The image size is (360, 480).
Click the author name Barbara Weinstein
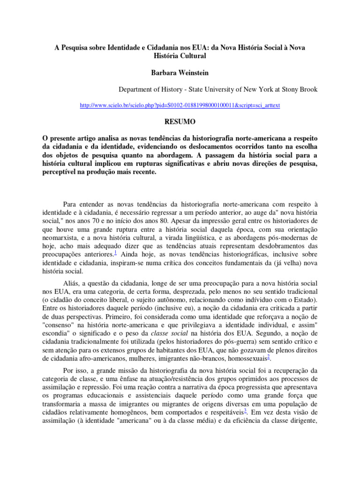(180, 73)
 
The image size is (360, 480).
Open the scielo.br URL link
(180, 105)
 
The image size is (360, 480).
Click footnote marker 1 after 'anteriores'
(115, 252)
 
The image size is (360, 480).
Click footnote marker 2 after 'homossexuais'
(268, 358)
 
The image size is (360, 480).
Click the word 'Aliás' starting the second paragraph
(71, 283)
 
